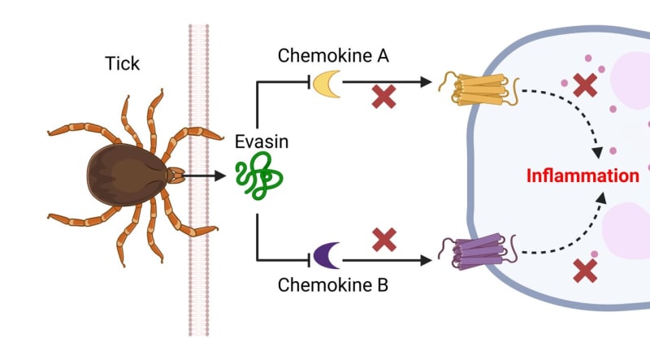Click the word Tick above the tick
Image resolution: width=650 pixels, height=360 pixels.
click(123, 63)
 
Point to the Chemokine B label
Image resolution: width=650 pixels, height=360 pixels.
click(333, 285)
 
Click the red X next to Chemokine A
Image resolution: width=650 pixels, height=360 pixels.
click(384, 96)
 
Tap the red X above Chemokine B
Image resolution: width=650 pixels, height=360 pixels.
click(384, 240)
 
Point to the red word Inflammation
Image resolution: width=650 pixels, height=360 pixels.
click(583, 176)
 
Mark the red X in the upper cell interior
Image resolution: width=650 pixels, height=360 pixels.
click(583, 85)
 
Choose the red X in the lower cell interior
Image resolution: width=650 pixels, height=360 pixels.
click(584, 269)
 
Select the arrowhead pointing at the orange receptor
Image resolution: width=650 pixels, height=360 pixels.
click(425, 81)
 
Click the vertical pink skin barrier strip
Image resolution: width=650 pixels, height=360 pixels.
click(198, 268)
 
